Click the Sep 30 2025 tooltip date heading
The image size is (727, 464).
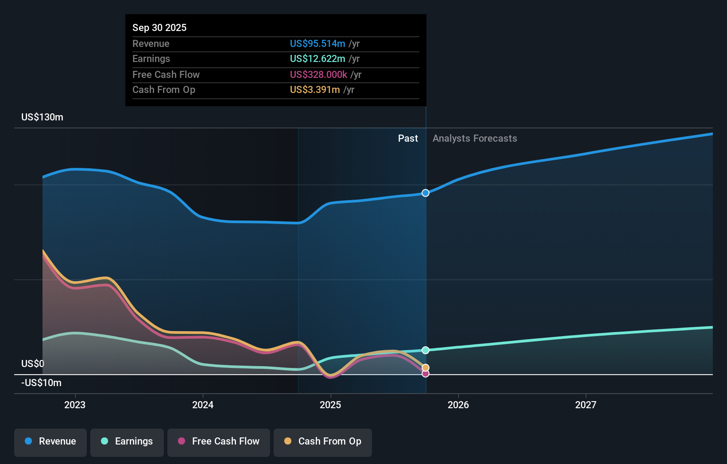pos(159,27)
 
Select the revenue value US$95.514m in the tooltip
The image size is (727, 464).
pos(317,43)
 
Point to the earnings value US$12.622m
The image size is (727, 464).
pos(317,58)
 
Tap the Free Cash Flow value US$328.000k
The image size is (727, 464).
pos(318,74)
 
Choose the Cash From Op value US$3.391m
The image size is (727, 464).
pos(315,89)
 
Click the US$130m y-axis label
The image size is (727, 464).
pos(42,117)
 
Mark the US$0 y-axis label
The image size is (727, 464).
pos(33,363)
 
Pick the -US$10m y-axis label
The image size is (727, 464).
pos(41,383)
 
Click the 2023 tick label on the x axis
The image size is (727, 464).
pos(75,405)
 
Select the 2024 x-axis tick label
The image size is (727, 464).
pos(203,405)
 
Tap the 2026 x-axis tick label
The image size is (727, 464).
pos(458,405)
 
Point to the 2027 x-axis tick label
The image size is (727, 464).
pos(586,405)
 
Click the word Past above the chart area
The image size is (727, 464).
pos(408,138)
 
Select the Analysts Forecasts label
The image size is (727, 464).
pos(475,138)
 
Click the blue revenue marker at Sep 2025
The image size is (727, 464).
pos(425,193)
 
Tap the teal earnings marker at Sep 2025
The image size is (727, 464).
pos(425,350)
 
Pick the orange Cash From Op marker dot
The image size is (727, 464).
pos(425,367)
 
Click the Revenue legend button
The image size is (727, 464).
pos(50,441)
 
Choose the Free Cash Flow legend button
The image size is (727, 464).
pos(219,441)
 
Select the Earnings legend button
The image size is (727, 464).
pos(127,441)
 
